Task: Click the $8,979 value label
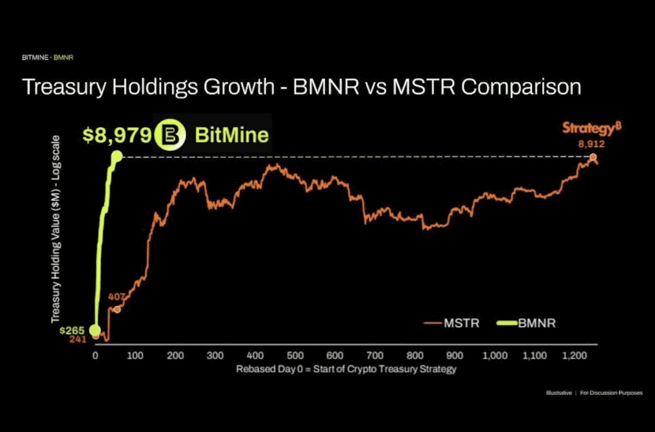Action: [x=117, y=135]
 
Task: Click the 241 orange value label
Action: [x=77, y=339]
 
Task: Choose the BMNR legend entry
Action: [x=526, y=323]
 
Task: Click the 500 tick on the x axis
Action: [x=295, y=355]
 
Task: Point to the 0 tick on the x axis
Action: [x=95, y=355]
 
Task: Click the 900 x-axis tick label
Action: [x=455, y=355]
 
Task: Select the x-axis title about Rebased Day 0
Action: [x=346, y=369]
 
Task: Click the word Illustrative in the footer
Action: [x=558, y=392]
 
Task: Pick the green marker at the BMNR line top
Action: [x=116, y=156]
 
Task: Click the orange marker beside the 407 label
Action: [x=117, y=310]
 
